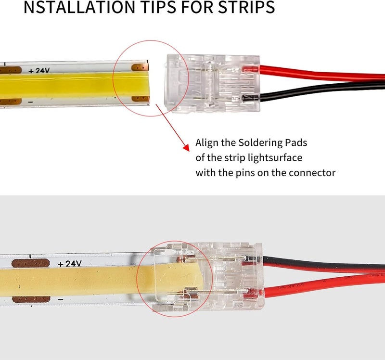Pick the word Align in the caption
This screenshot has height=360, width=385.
coord(206,143)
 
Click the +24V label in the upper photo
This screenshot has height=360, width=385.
coord(39,71)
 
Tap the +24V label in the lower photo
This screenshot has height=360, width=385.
coord(69,264)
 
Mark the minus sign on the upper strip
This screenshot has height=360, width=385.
coord(30,102)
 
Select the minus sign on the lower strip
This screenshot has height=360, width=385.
coord(61,299)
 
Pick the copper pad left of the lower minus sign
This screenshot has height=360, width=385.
coord(31,299)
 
